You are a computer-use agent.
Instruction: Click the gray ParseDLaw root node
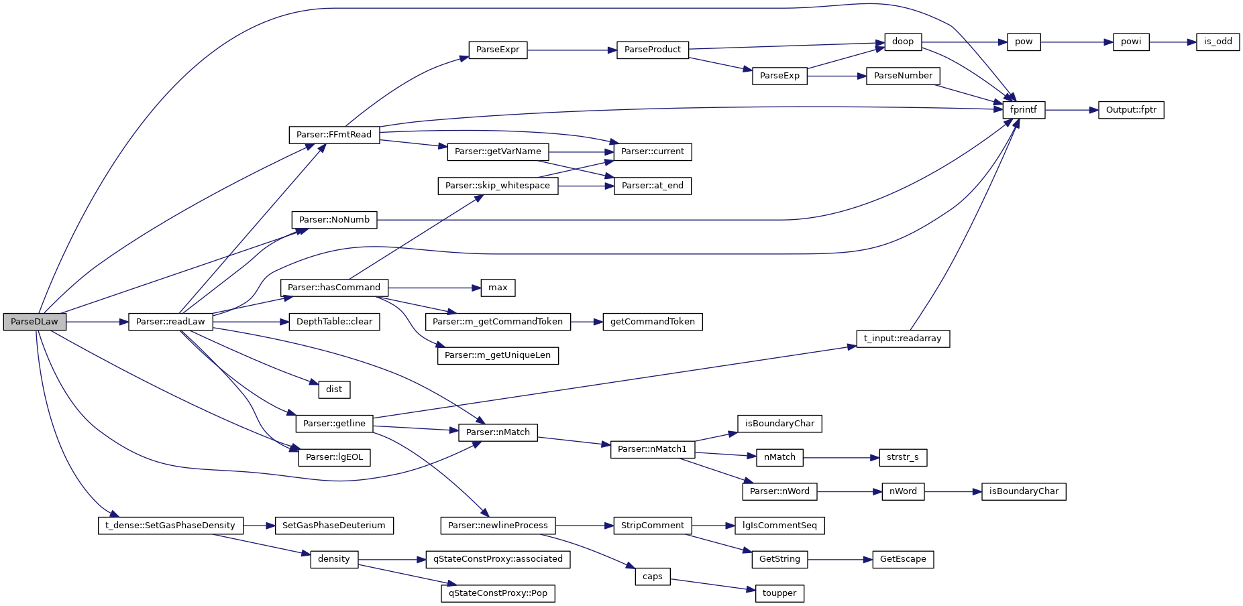pos(34,322)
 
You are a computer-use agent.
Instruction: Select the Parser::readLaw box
pos(170,322)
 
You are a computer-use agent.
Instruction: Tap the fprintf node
pos(1024,110)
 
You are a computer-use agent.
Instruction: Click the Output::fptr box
pos(1131,110)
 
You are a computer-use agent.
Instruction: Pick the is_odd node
pos(1218,42)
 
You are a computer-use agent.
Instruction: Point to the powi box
pos(1131,42)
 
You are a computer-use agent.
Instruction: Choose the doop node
pos(903,42)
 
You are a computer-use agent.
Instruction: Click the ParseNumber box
pos(903,76)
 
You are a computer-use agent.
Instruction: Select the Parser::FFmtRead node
pos(334,135)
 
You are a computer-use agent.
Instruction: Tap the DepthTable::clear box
pos(334,322)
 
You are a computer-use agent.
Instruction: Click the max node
pos(498,288)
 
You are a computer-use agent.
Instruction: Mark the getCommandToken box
pos(653,322)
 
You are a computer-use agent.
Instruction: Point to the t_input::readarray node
pos(903,339)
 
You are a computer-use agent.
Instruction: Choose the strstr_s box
pos(903,457)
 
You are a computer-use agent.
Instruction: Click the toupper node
pos(779,593)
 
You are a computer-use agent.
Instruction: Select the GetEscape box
pos(903,559)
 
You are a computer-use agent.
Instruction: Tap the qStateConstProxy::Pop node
pos(498,593)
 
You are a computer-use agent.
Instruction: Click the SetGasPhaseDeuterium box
pos(334,526)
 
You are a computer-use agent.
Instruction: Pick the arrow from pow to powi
pos(1076,42)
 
